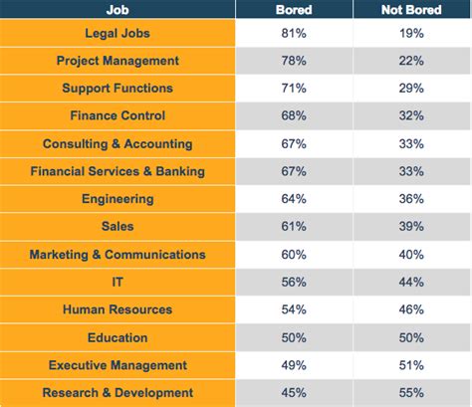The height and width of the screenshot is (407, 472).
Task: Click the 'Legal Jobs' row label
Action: coord(118,33)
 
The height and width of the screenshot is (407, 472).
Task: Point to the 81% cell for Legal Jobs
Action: coord(295,33)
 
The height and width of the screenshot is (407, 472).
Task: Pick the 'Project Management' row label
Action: coord(118,61)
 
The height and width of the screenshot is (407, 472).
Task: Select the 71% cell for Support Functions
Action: coord(295,89)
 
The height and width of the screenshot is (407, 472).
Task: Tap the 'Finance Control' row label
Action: coord(118,115)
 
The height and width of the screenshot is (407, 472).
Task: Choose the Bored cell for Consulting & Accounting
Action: coord(295,143)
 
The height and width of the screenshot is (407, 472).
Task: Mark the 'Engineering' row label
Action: coord(118,199)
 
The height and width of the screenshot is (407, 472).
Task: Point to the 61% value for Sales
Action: coord(295,227)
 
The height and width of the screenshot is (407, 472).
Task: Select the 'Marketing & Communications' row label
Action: coord(118,255)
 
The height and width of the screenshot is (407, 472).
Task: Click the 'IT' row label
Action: coord(118,283)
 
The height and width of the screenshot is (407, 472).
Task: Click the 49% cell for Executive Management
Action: coord(295,365)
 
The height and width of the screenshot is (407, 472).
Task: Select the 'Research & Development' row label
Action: coord(118,393)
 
